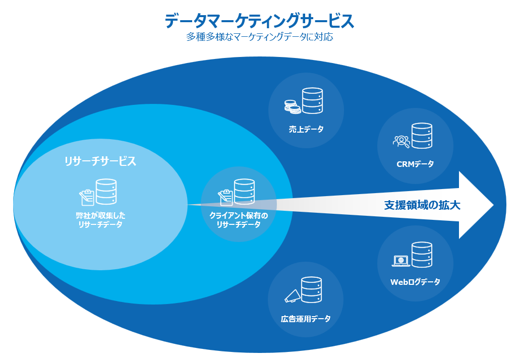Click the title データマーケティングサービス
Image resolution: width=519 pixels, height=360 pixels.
[x=259, y=21]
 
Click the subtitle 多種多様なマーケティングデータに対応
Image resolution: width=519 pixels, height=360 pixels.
[x=259, y=37]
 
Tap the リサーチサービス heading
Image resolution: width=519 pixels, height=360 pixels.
[x=100, y=161]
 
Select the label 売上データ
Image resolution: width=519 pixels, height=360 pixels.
[x=306, y=129]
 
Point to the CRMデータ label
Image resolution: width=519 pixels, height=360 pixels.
[x=415, y=164]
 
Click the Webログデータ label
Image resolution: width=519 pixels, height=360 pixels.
[x=415, y=282]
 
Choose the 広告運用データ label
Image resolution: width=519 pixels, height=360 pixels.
[x=306, y=319]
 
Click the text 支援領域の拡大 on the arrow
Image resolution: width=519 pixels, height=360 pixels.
[x=422, y=205]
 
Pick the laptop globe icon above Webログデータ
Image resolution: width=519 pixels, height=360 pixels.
[x=401, y=261]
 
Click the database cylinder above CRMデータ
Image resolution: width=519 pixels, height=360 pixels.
[x=422, y=136]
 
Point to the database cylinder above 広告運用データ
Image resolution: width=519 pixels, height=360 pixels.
[x=311, y=290]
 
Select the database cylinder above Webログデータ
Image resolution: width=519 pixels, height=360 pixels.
[x=422, y=255]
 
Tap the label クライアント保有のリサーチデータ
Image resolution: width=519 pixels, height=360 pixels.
[x=239, y=220]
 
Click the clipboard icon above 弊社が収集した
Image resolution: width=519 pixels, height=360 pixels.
[x=87, y=196]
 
